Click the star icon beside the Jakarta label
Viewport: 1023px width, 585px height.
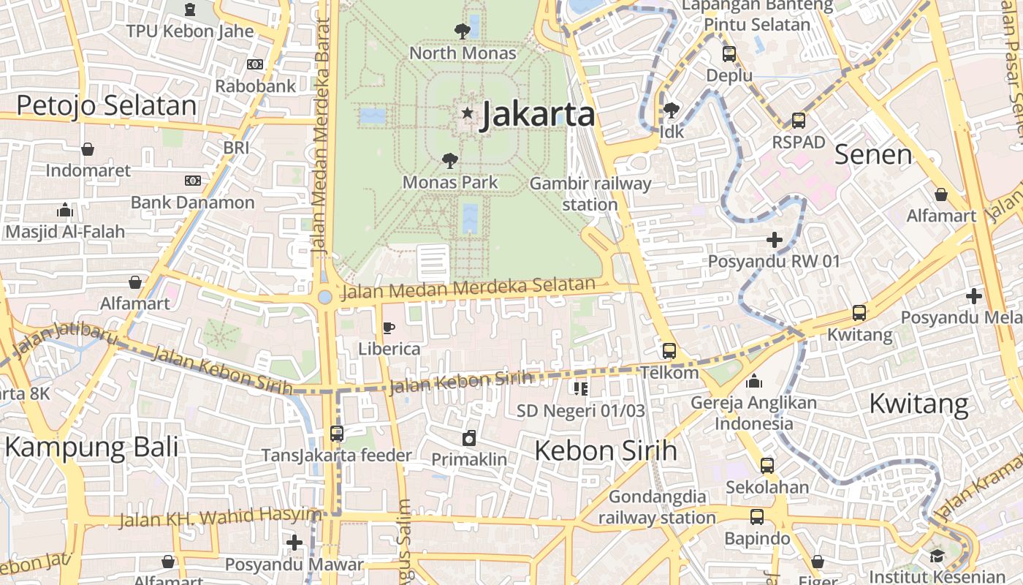tap(467, 113)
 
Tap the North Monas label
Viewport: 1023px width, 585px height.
tap(463, 53)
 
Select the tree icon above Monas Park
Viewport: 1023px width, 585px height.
tap(450, 160)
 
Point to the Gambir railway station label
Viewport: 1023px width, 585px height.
tap(590, 194)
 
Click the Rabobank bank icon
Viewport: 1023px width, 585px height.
tap(254, 64)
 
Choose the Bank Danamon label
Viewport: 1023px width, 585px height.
tap(193, 203)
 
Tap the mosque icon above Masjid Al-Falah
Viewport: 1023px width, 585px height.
tap(65, 211)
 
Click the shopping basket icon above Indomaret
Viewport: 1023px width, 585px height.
tap(88, 149)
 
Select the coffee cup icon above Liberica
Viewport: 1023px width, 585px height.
tap(389, 328)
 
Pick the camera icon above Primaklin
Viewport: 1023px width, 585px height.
tap(469, 438)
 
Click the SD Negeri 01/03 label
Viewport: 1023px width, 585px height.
tap(581, 411)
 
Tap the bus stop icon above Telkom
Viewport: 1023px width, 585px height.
tap(669, 351)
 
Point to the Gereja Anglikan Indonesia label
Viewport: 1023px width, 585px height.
tap(753, 413)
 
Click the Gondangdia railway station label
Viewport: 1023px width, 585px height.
tap(657, 507)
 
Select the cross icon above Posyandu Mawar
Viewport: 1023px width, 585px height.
tap(294, 543)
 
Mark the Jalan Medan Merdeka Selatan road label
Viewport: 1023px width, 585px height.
tap(468, 288)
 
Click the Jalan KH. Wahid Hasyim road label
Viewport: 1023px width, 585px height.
tap(219, 518)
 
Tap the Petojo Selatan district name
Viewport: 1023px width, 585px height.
tap(107, 106)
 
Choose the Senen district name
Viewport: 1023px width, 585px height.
tap(873, 155)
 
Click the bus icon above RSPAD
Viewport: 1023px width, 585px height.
tap(799, 121)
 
